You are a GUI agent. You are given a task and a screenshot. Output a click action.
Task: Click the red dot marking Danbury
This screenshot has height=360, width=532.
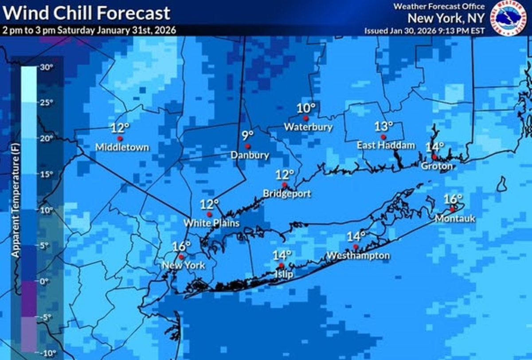click(x=248, y=146)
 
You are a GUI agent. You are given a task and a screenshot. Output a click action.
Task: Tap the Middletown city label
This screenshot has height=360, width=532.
click(x=122, y=147)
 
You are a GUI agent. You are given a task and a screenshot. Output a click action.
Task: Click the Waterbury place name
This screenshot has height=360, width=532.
click(x=308, y=127)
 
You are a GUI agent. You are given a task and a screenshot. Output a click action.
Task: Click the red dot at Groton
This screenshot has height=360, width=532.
click(x=434, y=157)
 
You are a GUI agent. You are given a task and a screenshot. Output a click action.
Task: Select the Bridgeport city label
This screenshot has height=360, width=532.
click(x=287, y=194)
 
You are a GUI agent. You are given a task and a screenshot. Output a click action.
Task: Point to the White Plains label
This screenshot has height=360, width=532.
click(x=212, y=223)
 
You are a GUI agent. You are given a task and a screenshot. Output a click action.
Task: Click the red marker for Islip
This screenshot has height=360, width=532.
click(x=281, y=265)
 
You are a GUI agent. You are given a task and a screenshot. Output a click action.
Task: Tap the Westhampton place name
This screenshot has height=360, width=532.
click(x=358, y=255)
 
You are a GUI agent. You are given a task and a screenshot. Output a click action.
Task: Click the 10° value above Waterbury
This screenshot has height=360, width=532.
click(x=306, y=108)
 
